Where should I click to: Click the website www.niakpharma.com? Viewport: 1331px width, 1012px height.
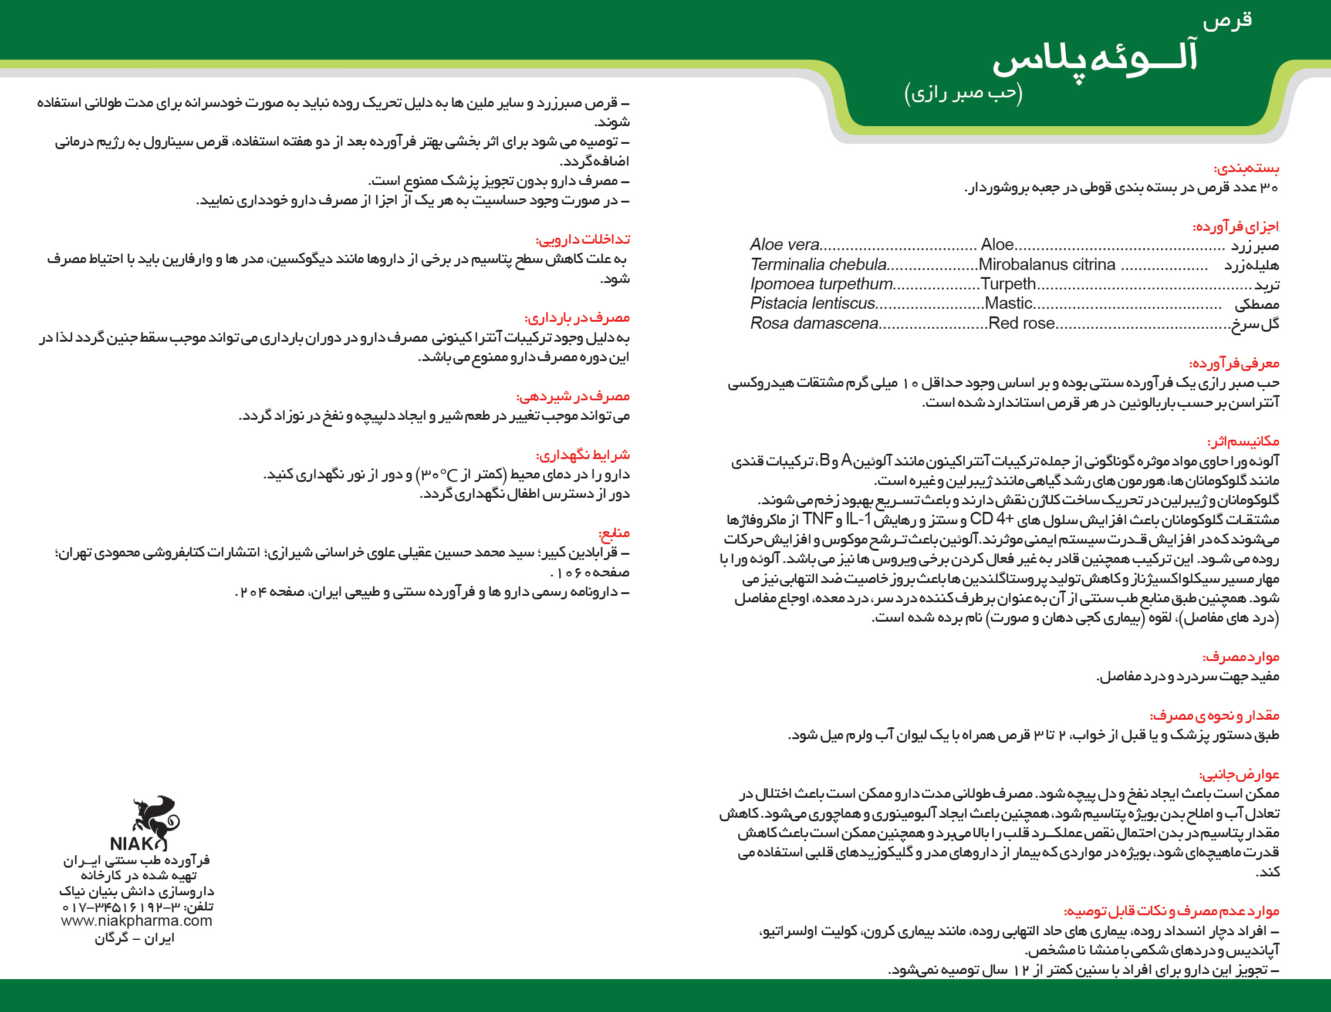tap(137, 921)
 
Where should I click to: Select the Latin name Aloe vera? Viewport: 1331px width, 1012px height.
tap(784, 245)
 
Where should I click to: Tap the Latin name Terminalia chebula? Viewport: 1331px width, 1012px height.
tap(819, 264)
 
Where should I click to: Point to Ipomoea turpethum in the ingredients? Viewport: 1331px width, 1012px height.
tap(822, 284)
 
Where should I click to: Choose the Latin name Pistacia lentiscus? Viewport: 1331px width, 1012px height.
tap(812, 303)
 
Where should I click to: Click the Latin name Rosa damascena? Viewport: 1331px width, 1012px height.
tap(814, 323)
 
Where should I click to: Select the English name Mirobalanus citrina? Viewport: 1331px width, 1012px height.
tap(1047, 264)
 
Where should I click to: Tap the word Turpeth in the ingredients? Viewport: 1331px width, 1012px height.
tap(1008, 284)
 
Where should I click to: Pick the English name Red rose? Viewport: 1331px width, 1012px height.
tap(1022, 323)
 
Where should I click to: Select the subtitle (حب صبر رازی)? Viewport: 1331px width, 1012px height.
tap(964, 93)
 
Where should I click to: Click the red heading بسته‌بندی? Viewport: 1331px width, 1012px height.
tap(1246, 168)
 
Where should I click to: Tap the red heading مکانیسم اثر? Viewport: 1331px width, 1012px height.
tap(1243, 441)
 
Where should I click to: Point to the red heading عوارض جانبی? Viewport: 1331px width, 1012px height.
tap(1239, 774)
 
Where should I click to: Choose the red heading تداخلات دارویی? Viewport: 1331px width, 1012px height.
tap(582, 239)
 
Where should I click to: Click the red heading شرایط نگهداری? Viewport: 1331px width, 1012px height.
tap(582, 455)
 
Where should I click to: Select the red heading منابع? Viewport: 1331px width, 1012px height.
tap(614, 533)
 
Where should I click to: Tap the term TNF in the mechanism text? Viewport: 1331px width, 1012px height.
tap(818, 519)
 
